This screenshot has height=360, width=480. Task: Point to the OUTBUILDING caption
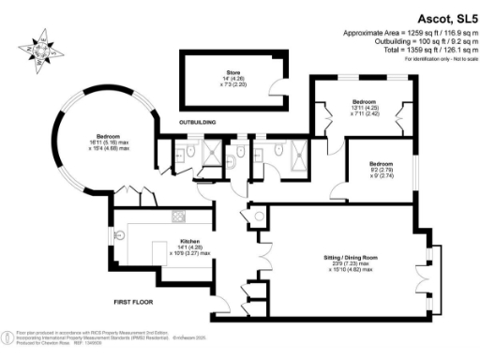[x=198, y=122]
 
